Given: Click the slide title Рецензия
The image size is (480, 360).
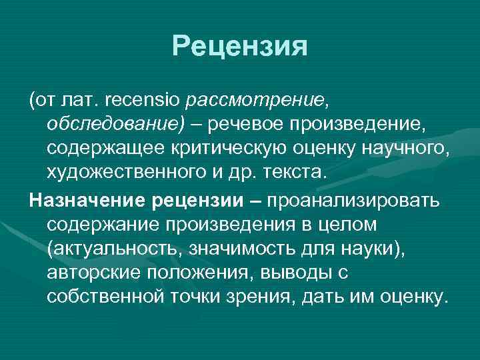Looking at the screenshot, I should [239, 46].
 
